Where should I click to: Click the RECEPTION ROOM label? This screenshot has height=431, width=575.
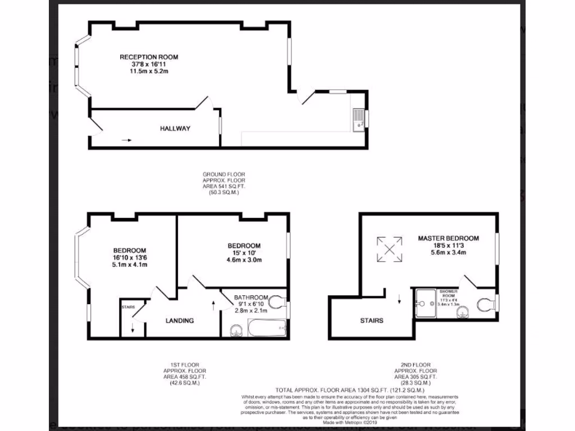(x=149, y=57)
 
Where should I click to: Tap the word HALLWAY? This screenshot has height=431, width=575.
(x=175, y=129)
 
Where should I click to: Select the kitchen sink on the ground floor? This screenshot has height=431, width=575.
(x=358, y=120)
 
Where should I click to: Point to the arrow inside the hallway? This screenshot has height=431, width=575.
(x=126, y=140)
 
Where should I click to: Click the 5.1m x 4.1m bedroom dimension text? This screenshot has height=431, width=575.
(x=130, y=265)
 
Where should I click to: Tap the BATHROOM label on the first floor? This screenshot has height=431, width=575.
(x=251, y=297)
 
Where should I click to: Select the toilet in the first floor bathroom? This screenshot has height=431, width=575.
(x=276, y=302)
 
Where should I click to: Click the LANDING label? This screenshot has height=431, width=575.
(x=180, y=321)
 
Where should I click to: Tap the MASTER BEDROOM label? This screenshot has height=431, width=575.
(x=448, y=238)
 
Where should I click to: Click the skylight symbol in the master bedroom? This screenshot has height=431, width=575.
(x=389, y=248)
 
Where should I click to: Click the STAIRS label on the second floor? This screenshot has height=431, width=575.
(x=372, y=321)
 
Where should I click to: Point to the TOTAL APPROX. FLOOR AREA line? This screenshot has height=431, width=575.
(x=349, y=390)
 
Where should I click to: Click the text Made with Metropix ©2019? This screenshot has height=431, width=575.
(x=349, y=422)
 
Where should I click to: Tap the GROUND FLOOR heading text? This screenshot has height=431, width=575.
(x=224, y=175)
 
